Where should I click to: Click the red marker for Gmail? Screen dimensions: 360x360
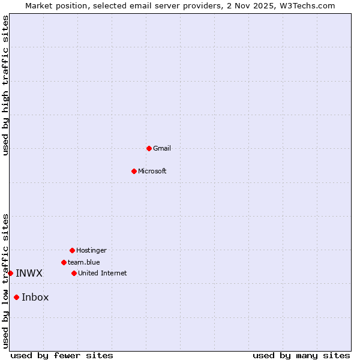[x=149, y=148]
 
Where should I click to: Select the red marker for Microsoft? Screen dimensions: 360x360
[x=134, y=171]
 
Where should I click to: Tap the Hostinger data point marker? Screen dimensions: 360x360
[x=72, y=250]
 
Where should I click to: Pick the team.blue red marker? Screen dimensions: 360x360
[x=64, y=262]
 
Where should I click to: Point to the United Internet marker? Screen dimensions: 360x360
[x=74, y=273]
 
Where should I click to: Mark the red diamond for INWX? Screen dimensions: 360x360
[x=10, y=273]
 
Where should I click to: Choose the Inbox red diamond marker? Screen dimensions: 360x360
[x=16, y=297]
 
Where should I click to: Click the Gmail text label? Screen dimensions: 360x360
[x=162, y=148]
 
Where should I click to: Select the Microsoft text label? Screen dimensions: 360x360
[x=152, y=171]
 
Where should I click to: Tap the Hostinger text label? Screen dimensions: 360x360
[x=91, y=250]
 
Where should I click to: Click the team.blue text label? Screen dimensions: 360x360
[x=84, y=262]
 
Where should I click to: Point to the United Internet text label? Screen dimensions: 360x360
[x=103, y=273]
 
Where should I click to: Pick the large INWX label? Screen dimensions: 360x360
[x=29, y=273]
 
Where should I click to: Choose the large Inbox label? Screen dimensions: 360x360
[x=35, y=297]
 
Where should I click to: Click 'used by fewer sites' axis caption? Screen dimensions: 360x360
[x=62, y=355]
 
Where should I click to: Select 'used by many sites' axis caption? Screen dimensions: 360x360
[x=301, y=355]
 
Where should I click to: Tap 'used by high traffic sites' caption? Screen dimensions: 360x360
[x=5, y=85]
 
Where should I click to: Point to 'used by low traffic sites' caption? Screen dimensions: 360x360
[x=5, y=281]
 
